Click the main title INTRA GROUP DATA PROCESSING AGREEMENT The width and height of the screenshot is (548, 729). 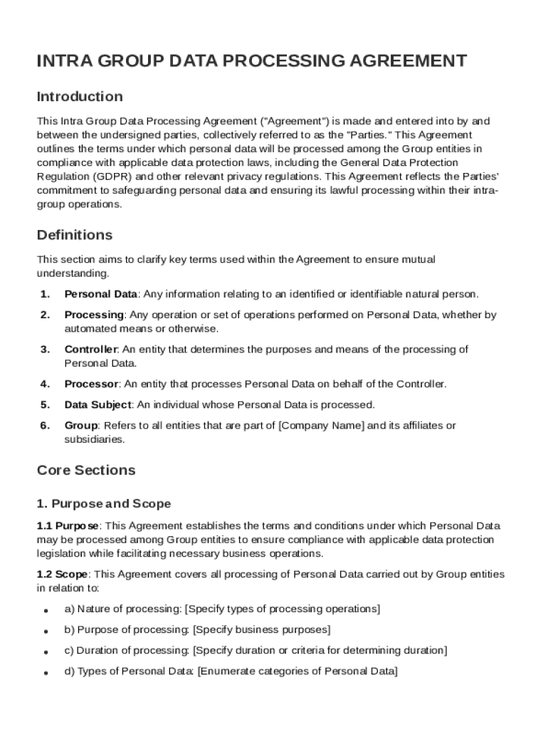click(252, 61)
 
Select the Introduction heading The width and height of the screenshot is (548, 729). click(80, 96)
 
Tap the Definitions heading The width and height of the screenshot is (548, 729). click(75, 235)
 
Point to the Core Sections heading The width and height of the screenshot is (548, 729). click(86, 471)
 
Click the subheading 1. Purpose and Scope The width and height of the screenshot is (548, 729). click(104, 504)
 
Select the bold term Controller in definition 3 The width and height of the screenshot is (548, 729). click(91, 350)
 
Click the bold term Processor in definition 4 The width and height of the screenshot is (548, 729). click(91, 384)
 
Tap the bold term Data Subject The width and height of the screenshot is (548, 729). click(98, 405)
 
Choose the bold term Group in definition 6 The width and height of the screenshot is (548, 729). click(81, 426)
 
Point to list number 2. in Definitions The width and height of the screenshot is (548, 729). click(45, 315)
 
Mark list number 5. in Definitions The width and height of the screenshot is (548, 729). click(45, 405)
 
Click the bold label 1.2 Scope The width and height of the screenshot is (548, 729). click(63, 575)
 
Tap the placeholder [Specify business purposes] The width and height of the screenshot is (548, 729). click(261, 630)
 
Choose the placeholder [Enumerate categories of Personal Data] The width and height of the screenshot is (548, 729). click(297, 671)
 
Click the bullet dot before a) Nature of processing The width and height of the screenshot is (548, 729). click(46, 611)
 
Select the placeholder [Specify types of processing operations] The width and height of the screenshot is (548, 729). click(283, 609)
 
